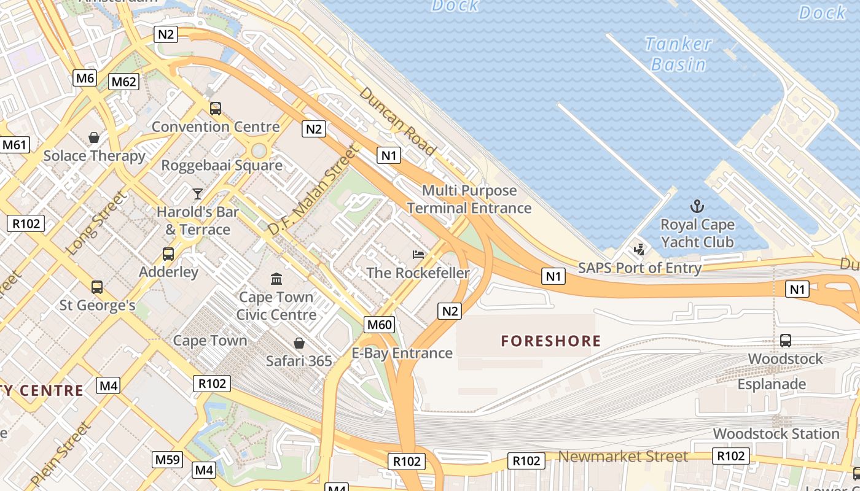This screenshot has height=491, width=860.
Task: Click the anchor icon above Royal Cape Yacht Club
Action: click(697, 206)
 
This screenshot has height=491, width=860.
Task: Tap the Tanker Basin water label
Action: click(678, 54)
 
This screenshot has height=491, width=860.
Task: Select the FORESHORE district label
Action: click(551, 341)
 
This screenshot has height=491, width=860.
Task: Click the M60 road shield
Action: click(379, 325)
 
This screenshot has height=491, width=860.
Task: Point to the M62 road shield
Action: click(123, 82)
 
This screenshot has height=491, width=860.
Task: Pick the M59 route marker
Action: click(167, 459)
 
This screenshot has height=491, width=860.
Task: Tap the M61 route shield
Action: click(14, 145)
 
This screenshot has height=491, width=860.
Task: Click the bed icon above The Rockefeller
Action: click(418, 254)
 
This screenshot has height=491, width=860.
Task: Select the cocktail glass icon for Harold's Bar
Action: click(197, 194)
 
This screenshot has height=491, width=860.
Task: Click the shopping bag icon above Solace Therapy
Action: click(94, 137)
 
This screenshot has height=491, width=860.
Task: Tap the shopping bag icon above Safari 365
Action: click(299, 342)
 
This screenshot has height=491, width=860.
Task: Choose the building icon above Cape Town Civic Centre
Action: click(276, 279)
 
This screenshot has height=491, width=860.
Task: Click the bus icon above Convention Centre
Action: click(215, 109)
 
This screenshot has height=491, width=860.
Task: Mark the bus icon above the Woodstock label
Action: click(785, 341)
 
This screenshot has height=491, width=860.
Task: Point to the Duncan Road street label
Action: click(397, 121)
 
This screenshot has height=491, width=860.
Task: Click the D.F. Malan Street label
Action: click(313, 190)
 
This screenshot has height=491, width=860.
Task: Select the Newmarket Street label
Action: click(623, 457)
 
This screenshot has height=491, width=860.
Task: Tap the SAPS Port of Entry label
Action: click(639, 268)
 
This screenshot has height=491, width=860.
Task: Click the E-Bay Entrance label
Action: click(402, 353)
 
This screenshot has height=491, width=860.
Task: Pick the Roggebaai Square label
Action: click(222, 165)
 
